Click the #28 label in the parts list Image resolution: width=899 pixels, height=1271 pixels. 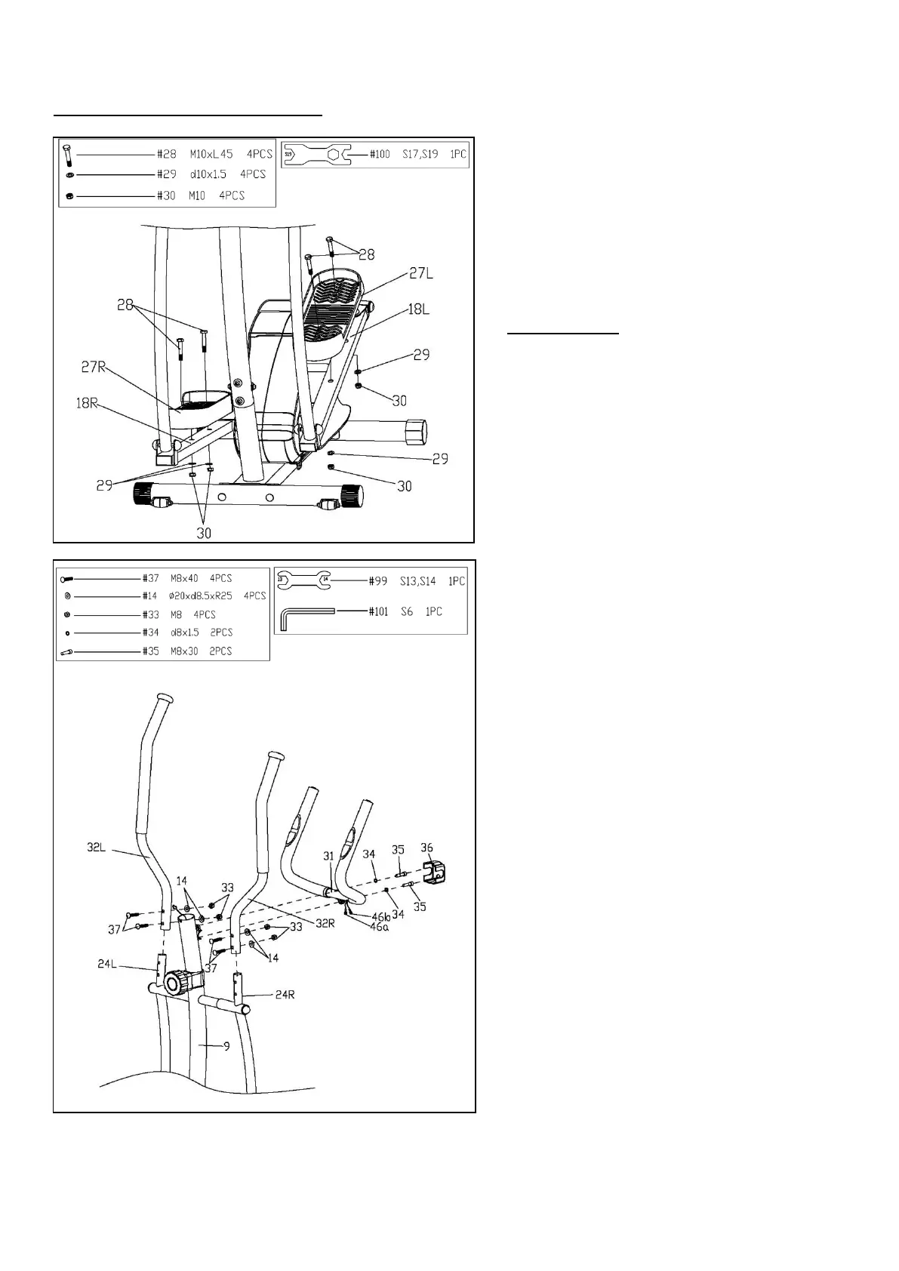click(166, 154)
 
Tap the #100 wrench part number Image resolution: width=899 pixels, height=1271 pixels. click(380, 154)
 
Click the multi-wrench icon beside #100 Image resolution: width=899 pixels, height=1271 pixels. click(316, 155)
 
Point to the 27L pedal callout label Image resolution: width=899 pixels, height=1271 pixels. click(420, 274)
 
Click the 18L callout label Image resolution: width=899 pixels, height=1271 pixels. click(419, 310)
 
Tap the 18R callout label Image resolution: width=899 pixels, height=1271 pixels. click(88, 403)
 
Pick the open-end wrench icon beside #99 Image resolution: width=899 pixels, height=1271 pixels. click(304, 580)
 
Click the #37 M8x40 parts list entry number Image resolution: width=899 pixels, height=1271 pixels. click(151, 578)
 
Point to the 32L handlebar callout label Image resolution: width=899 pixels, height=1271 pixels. click(97, 848)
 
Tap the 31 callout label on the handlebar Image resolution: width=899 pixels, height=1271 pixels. click(328, 856)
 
